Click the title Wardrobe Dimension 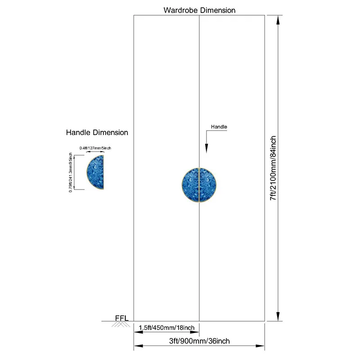pyautogui.click(x=199, y=10)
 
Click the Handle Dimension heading pyautogui.click(x=97, y=132)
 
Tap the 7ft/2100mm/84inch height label pyautogui.click(x=273, y=168)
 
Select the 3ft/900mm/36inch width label pyautogui.click(x=199, y=341)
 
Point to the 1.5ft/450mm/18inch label pyautogui.click(x=166, y=328)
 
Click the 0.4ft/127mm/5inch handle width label pyautogui.click(x=95, y=148)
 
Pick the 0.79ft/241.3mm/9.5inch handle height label pyautogui.click(x=71, y=172)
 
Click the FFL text pyautogui.click(x=121, y=318)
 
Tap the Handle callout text pyautogui.click(x=219, y=127)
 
